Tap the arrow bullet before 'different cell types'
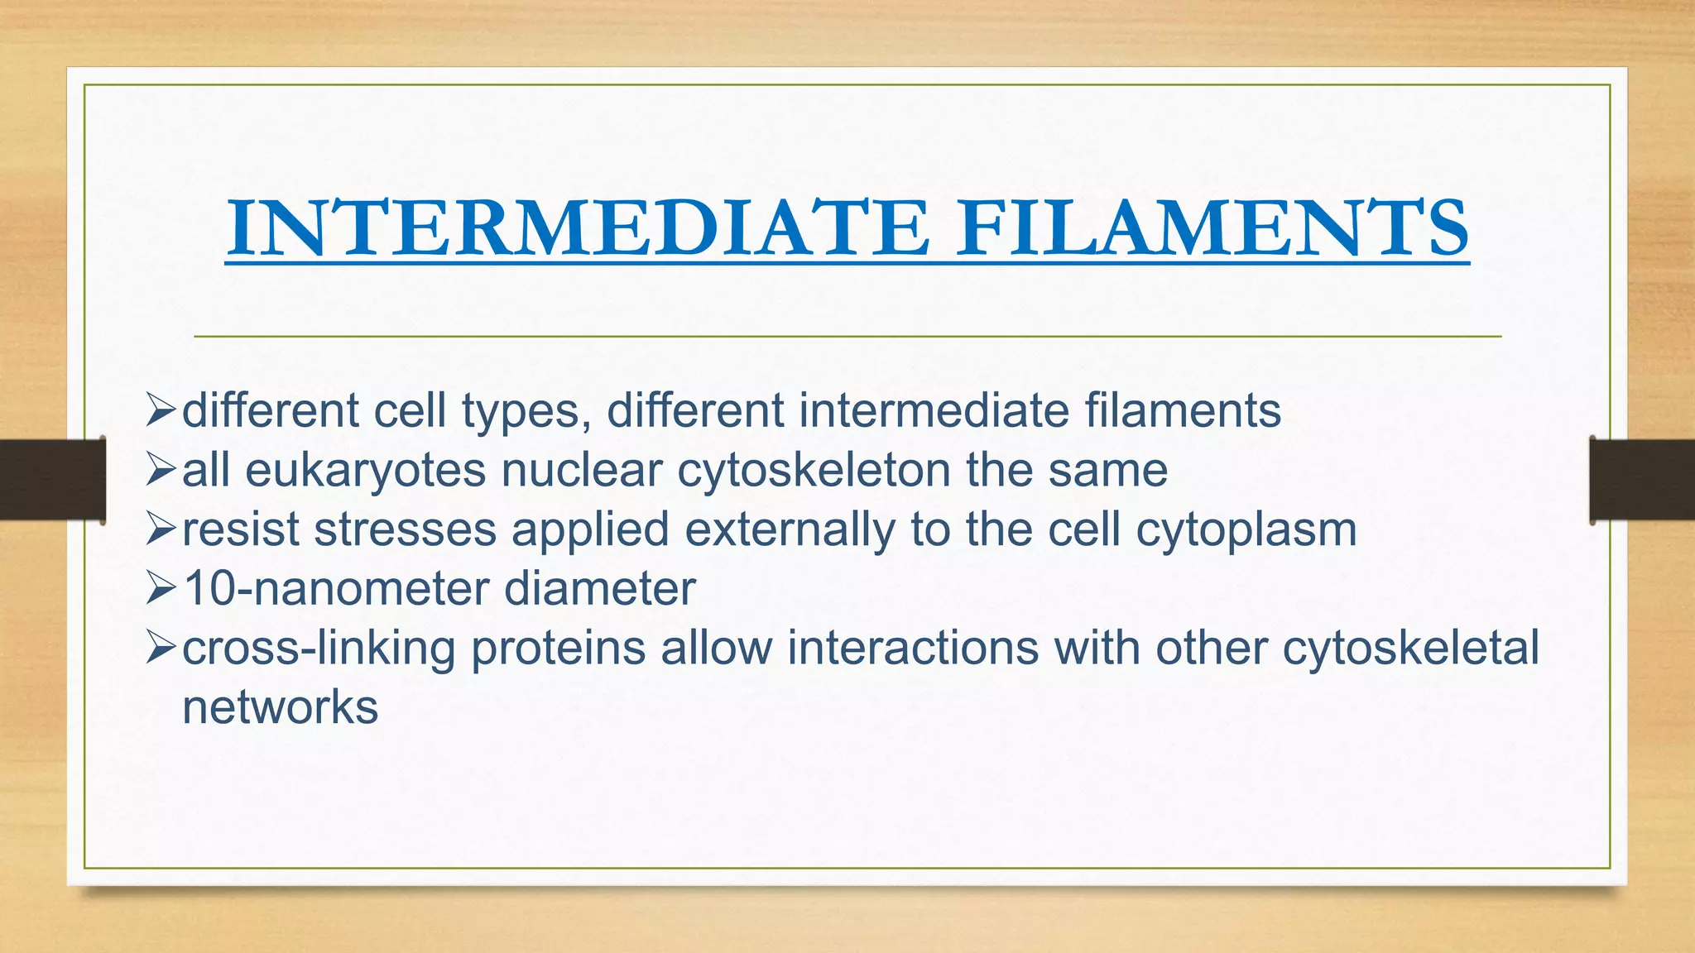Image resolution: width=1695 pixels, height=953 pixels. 161,411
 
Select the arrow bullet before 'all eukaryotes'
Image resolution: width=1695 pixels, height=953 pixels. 161,471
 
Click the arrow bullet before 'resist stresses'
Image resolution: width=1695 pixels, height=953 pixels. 161,530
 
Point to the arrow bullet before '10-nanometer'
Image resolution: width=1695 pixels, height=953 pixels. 161,590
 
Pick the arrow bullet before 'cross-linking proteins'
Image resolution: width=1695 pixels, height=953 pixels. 161,649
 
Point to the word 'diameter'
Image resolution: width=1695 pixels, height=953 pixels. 599,590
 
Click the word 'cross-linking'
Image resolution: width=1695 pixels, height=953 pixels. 319,649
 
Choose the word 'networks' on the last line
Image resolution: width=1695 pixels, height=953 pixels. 280,708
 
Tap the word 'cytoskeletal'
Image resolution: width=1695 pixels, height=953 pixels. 1410,649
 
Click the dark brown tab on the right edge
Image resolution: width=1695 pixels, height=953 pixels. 1642,480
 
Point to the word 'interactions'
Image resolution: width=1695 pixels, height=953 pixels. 912,649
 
